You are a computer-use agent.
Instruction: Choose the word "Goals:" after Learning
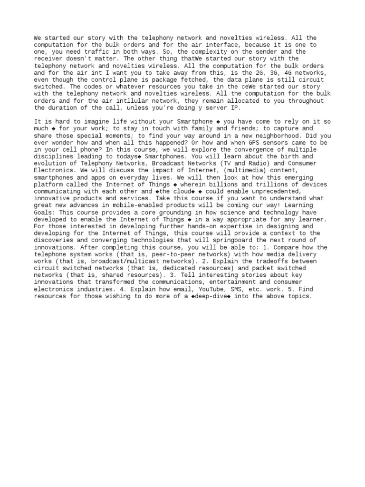pyautogui.click(x=44, y=213)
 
